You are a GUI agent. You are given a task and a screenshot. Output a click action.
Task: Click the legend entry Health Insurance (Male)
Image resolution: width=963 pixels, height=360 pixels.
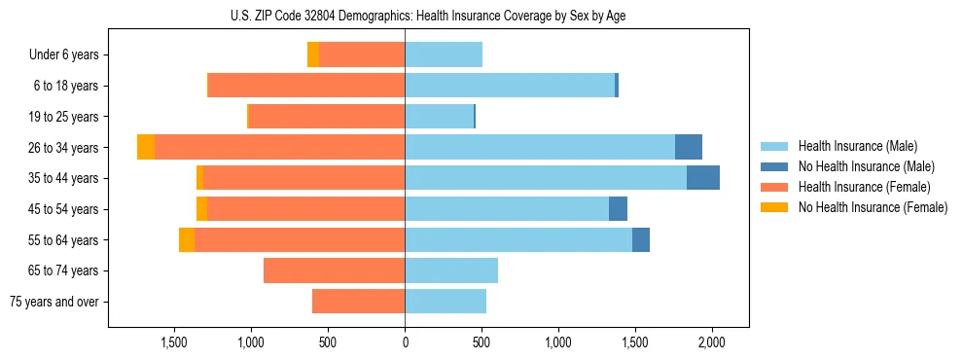click(x=857, y=146)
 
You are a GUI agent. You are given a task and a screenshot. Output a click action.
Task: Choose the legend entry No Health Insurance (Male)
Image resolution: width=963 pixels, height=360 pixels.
click(x=866, y=166)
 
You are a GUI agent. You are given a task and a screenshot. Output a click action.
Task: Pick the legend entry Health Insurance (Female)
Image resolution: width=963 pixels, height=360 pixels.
click(x=865, y=187)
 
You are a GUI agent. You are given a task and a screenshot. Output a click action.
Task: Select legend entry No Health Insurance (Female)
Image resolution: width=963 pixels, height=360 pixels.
click(x=873, y=207)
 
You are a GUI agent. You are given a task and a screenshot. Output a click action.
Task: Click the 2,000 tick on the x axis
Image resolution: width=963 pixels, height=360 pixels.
click(x=712, y=342)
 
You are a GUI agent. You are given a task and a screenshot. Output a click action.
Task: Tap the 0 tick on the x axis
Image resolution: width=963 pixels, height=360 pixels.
click(x=405, y=342)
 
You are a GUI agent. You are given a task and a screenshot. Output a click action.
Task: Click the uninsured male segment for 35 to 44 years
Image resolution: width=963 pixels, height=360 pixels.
click(x=703, y=178)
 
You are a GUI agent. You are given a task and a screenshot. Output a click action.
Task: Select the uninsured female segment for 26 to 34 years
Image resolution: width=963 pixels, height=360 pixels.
click(x=146, y=147)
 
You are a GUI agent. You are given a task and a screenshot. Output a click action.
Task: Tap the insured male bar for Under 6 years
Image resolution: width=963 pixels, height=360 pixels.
click(x=444, y=54)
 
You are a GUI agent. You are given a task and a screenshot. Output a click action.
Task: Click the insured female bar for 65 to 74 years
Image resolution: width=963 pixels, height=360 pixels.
click(x=334, y=270)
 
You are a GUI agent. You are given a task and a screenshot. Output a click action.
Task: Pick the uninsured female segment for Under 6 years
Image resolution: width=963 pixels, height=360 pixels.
click(x=313, y=54)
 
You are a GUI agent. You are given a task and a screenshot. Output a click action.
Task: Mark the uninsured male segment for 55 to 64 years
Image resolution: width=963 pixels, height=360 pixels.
click(x=641, y=239)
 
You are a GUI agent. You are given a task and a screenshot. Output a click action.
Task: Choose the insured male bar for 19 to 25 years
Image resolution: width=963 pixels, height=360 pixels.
click(x=439, y=117)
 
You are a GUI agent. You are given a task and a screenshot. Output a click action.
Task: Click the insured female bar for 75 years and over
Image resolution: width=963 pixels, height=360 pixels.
click(x=358, y=302)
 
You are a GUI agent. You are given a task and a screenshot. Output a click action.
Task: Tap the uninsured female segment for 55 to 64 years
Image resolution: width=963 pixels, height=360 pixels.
click(x=187, y=239)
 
